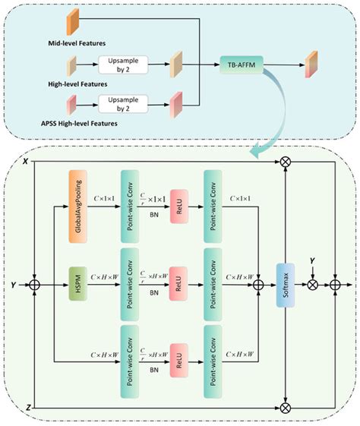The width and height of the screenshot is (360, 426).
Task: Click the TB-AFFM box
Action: tap(242, 65)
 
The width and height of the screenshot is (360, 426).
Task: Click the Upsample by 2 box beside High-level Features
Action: tap(127, 65)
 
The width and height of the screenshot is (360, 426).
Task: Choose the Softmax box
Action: tap(285, 286)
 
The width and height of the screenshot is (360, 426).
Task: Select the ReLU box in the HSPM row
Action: tap(178, 286)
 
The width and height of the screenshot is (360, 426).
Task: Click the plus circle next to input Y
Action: tap(35, 286)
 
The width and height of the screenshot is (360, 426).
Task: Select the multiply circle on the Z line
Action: tap(285, 409)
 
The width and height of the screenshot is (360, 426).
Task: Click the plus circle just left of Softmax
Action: tap(257, 286)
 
